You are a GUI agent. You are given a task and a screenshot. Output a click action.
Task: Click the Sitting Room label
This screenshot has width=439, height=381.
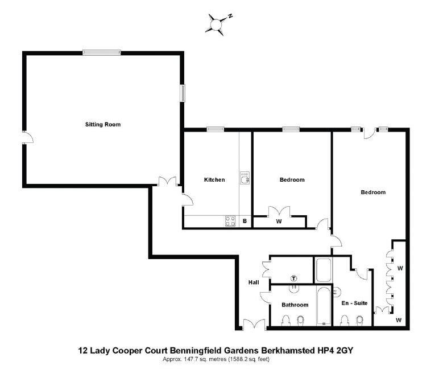click(103, 124)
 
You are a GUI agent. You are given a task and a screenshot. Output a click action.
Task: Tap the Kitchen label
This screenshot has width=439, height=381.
click(214, 180)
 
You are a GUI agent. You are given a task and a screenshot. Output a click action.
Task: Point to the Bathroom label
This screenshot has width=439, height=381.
click(295, 305)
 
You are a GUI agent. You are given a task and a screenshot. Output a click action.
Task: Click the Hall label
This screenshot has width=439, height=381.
click(254, 282)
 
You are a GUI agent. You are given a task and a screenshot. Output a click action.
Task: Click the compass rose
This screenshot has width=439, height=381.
click(217, 24)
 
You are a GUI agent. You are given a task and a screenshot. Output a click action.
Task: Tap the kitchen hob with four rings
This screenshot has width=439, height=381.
click(231, 221)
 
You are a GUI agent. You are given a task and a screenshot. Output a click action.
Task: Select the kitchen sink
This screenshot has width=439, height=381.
click(245, 181)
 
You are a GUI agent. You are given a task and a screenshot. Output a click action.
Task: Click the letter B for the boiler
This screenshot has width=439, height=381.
click(245, 222)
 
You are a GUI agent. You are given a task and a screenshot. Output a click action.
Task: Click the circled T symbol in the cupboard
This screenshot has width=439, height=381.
click(293, 278)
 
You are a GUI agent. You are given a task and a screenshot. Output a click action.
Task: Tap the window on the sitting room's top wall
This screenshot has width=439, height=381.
click(101, 52)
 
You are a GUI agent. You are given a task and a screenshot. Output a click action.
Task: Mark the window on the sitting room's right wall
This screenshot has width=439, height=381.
click(183, 93)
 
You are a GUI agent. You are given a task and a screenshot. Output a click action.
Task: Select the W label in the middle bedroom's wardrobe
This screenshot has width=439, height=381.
click(279, 222)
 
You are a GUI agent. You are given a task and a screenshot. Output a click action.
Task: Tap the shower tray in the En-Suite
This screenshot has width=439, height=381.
click(323, 271)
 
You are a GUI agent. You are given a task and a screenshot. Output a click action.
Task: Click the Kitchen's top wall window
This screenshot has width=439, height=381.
click(214, 130)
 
